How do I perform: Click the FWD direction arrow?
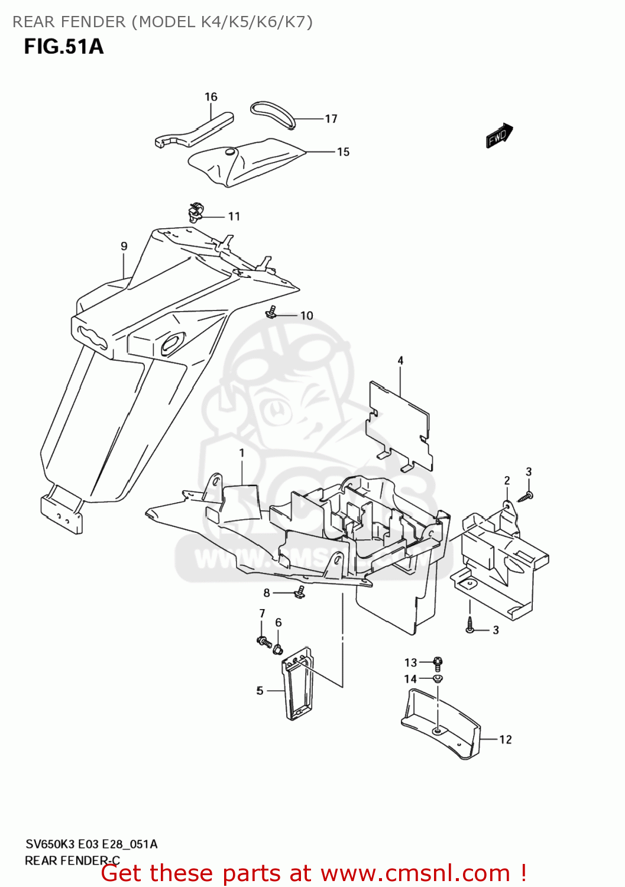coord(498,135)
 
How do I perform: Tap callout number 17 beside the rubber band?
coord(331,119)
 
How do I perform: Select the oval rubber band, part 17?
coord(273,114)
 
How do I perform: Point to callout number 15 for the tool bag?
coord(343,152)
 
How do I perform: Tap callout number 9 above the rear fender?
coord(124,246)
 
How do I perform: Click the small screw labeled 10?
coord(272,311)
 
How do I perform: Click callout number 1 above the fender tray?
coord(242,453)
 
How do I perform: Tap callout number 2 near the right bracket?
coord(507,480)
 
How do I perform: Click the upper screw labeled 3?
coord(526,496)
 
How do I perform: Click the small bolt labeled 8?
coord(300,592)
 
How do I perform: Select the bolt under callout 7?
coord(263,640)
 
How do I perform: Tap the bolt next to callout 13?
coord(438,662)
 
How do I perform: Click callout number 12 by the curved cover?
coord(505,739)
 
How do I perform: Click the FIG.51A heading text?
coord(64,46)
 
